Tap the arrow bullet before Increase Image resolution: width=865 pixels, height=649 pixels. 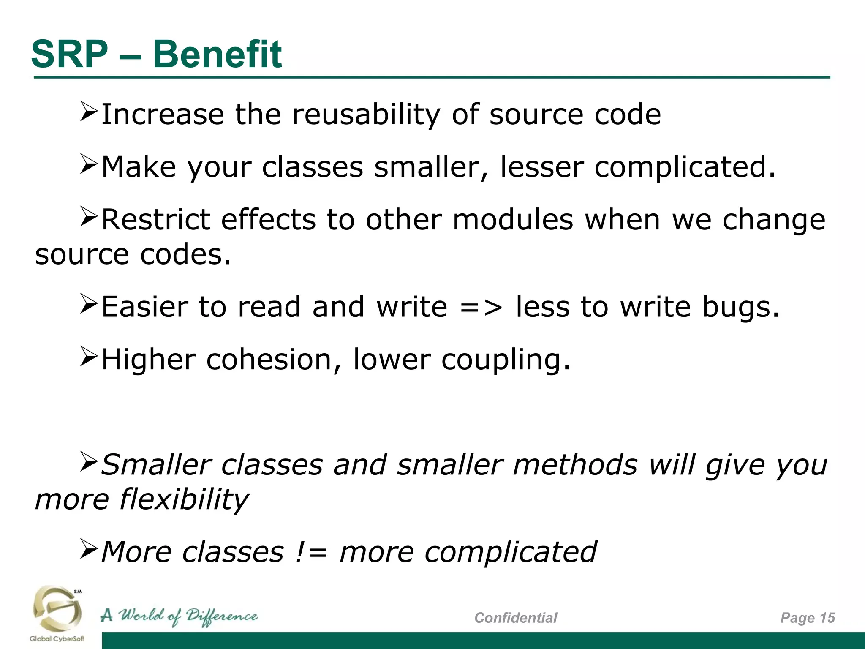click(x=89, y=112)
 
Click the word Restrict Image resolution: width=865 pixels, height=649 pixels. click(x=156, y=220)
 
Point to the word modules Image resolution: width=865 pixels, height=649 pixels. click(x=512, y=220)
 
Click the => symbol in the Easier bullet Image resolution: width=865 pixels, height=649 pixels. click(x=481, y=307)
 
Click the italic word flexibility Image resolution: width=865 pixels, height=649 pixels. click(x=184, y=499)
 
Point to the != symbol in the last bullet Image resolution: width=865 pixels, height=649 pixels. click(x=311, y=552)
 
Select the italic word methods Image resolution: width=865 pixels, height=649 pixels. click(x=575, y=465)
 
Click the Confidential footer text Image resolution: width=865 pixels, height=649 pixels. click(x=515, y=618)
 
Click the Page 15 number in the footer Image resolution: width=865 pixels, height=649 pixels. click(x=807, y=618)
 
